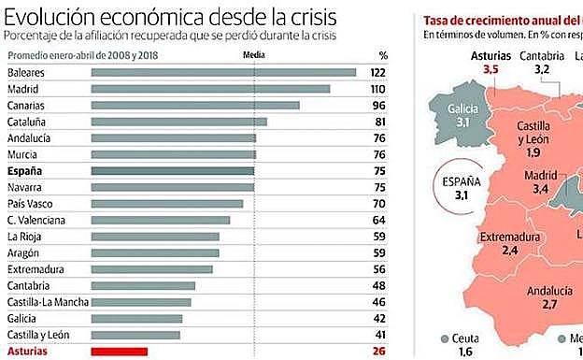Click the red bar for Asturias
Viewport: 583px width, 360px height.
coord(119,352)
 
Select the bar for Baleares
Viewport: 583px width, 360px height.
coord(222,72)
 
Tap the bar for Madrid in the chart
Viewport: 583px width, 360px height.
coord(210,89)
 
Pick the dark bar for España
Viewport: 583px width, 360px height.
coord(173,171)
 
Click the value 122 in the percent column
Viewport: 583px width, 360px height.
coord(377,72)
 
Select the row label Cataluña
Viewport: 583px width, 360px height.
coord(29,122)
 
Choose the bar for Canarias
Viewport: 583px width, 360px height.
coord(194,105)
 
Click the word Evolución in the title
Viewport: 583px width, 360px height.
coord(46,18)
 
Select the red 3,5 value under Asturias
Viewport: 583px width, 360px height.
coord(484,69)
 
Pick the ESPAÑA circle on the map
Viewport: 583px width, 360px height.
coord(459,189)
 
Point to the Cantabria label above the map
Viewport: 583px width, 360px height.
coord(541,55)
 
